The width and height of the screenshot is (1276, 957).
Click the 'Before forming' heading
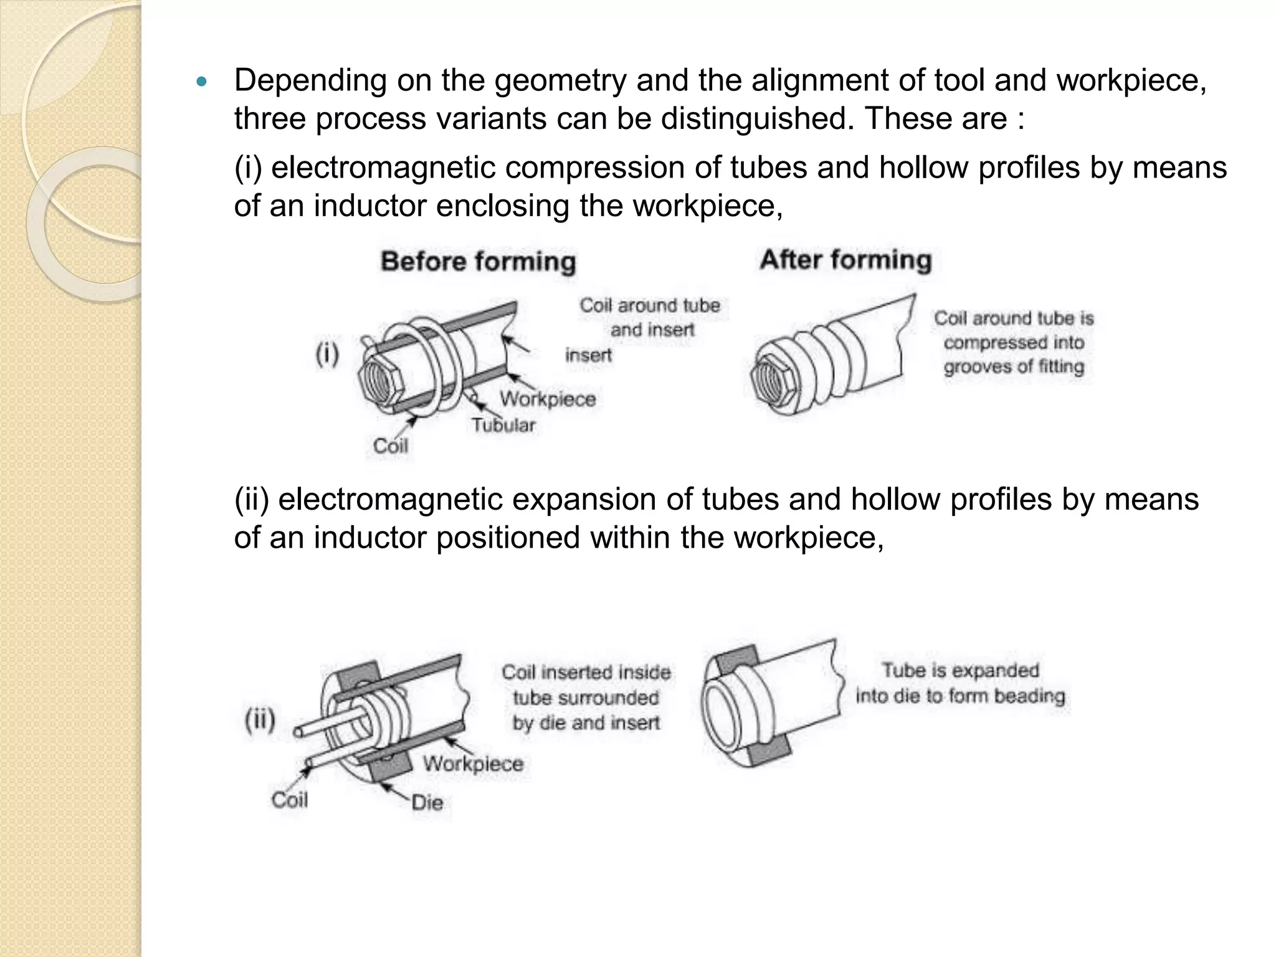click(478, 262)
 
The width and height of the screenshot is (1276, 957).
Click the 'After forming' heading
click(845, 260)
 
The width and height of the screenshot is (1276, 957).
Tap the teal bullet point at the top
click(200, 82)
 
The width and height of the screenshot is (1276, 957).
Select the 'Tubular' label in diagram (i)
click(503, 426)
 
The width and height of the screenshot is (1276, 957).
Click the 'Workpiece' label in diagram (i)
click(547, 399)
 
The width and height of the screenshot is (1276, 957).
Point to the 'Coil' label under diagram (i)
click(390, 446)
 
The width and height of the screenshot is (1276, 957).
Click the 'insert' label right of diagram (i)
click(588, 355)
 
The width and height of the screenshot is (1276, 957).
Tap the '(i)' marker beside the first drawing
click(327, 355)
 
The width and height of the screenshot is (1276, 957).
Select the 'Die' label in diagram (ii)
click(427, 802)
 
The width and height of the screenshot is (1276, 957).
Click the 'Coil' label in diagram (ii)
click(289, 799)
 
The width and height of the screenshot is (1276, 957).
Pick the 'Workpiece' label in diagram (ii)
click(473, 764)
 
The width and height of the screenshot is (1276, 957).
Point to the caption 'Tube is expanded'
click(960, 670)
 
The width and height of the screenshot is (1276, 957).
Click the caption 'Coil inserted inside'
click(586, 672)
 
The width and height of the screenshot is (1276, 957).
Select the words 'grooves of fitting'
click(1013, 366)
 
